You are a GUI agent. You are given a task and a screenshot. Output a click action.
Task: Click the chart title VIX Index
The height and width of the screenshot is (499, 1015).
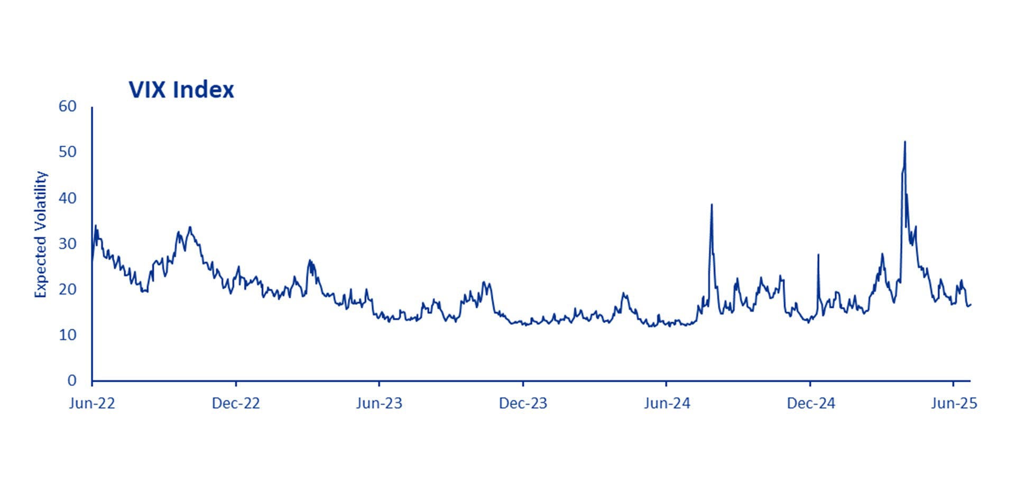[x=181, y=90]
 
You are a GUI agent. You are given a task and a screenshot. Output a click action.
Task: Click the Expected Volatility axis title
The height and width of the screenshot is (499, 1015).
[x=41, y=234]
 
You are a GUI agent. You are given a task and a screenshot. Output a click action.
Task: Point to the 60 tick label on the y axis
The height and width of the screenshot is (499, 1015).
[x=68, y=106]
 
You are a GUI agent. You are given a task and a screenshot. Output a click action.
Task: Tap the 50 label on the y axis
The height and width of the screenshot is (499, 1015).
[x=68, y=152]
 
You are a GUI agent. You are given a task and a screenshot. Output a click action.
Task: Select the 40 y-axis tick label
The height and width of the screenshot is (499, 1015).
[x=68, y=198]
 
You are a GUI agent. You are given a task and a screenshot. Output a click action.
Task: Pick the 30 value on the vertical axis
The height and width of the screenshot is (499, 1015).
[x=68, y=243]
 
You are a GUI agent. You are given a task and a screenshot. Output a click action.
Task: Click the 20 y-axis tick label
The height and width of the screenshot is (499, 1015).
[x=68, y=289]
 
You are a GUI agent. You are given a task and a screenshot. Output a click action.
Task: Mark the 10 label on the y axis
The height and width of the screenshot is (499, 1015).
[x=68, y=335]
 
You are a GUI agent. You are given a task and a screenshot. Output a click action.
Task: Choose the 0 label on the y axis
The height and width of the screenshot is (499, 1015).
[x=72, y=380]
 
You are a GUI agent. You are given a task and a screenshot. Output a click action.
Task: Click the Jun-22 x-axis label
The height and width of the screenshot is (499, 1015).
[x=92, y=403]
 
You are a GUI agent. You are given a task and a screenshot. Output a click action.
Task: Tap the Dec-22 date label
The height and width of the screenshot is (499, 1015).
[x=236, y=403]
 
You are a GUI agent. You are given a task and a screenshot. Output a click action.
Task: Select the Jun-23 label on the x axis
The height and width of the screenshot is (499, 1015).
[x=379, y=403]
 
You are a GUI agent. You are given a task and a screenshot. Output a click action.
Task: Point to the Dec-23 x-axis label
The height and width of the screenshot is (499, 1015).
[x=523, y=403]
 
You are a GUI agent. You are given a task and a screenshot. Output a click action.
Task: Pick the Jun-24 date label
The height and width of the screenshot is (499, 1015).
[x=667, y=403]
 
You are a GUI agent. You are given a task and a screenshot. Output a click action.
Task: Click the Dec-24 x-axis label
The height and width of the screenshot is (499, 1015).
[x=810, y=403]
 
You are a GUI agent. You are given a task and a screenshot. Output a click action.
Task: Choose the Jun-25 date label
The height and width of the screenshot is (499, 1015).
[x=954, y=403]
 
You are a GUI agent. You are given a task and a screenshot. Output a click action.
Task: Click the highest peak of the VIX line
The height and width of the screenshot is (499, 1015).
[x=905, y=142]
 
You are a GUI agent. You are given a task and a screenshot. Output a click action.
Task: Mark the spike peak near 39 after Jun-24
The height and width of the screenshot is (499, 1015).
[x=712, y=204]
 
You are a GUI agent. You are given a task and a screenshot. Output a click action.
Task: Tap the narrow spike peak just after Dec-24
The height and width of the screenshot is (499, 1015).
[x=818, y=255]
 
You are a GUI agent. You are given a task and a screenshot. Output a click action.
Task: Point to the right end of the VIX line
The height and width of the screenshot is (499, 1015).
[x=971, y=304]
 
